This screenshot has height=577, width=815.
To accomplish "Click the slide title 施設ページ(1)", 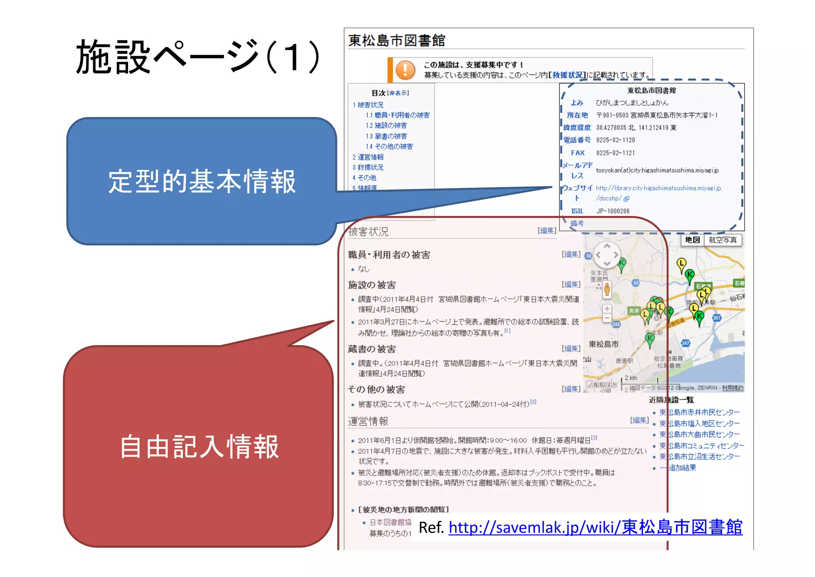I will click(198, 57).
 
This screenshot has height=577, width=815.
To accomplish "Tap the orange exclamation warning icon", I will click(405, 70).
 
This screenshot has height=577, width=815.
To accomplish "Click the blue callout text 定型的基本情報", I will click(202, 182).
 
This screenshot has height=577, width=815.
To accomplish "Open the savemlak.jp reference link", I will click(595, 528).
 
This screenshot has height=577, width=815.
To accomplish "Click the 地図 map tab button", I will click(692, 240).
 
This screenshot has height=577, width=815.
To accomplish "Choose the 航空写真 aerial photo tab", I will click(723, 240).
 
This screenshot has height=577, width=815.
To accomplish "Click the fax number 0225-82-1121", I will click(615, 153).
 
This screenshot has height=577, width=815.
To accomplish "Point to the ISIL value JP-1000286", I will click(613, 211).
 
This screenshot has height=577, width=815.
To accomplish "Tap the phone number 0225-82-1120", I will click(615, 140).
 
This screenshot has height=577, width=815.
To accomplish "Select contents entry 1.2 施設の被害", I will click(386, 126).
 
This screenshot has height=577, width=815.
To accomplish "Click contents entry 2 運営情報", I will click(368, 157).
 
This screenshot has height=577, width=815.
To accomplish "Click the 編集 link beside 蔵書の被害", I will click(571, 349).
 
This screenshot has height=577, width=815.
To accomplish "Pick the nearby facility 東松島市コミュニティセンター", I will click(701, 446).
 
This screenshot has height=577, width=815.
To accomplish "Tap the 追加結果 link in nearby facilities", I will click(682, 468).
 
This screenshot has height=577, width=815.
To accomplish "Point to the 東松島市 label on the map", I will click(604, 344).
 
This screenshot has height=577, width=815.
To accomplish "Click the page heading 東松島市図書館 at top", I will click(397, 41).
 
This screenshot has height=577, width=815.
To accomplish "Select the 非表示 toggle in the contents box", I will click(398, 93).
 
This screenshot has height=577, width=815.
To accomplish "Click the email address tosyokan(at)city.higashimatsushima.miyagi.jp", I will click(657, 171).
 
